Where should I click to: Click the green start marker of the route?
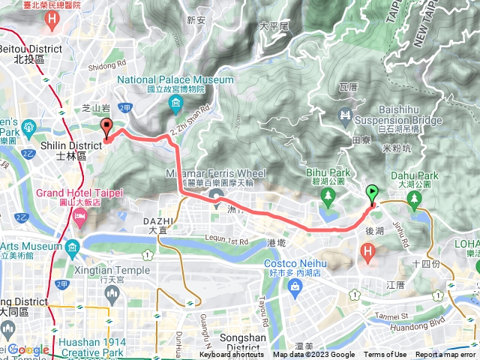click(x=373, y=193)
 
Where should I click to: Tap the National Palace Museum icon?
click(x=175, y=103)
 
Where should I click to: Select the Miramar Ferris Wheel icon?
click(x=218, y=199)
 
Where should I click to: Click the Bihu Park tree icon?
click(x=328, y=196)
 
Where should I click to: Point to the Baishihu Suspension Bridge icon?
click(x=346, y=115)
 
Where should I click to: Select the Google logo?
click(x=28, y=349)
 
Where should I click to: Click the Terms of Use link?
click(x=385, y=355)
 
